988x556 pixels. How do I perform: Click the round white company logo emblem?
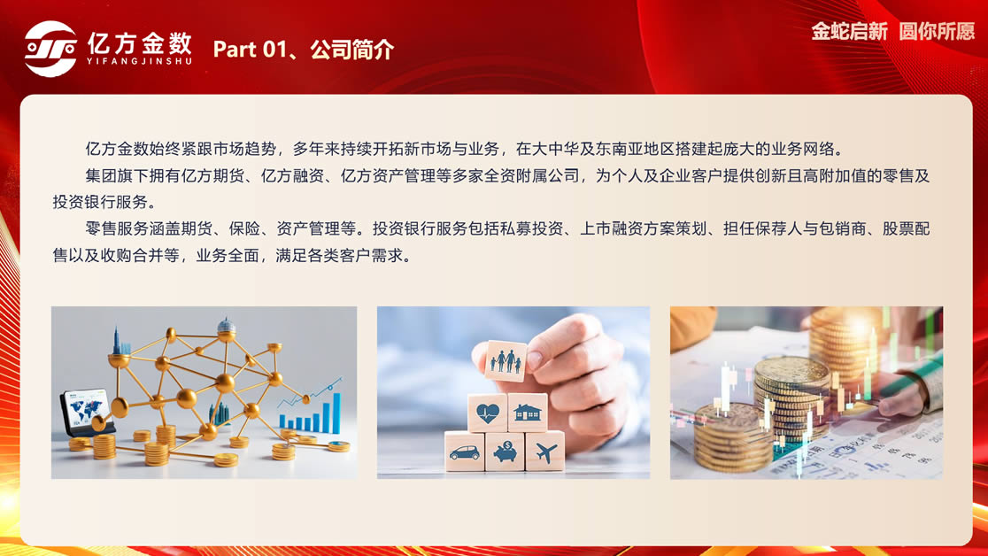click(x=50, y=49)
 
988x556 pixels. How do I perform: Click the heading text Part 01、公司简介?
click(x=304, y=50)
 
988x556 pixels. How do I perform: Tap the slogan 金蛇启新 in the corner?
click(x=849, y=31)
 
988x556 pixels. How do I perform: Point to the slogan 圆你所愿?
click(x=937, y=31)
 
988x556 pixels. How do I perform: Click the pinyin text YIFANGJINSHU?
click(x=139, y=61)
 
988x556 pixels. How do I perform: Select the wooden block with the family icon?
click(x=506, y=360)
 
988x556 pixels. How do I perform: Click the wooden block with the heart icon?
click(x=487, y=413)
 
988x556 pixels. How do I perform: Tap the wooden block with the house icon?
click(x=528, y=413)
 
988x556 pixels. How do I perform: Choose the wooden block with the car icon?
click(x=465, y=452)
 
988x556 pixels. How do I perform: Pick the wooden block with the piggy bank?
click(x=505, y=452)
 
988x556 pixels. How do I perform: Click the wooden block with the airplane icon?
click(x=545, y=452)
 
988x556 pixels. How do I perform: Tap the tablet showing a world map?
click(x=87, y=413)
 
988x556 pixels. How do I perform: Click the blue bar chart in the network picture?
click(x=310, y=414)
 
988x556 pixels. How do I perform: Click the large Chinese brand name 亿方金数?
click(x=139, y=42)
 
